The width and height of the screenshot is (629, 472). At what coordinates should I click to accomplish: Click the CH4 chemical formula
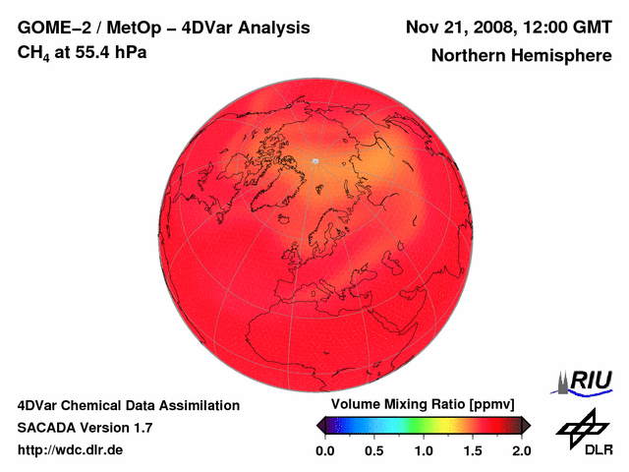pos(33,53)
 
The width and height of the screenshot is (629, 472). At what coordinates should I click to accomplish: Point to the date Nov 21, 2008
pos(457,27)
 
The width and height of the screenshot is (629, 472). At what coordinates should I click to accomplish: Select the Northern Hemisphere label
pos(521,56)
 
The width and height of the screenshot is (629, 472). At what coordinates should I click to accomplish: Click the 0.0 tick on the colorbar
pos(324,450)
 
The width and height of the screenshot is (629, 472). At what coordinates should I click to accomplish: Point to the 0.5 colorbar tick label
pos(373,450)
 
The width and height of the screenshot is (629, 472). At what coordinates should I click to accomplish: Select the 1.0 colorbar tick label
pos(424,450)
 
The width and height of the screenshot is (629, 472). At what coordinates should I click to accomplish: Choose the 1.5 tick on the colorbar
pos(473,450)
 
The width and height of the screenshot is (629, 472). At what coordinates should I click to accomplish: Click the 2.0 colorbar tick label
pos(521,450)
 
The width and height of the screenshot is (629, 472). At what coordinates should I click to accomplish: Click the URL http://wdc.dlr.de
pos(71,450)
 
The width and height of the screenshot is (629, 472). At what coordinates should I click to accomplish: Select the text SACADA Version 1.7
pos(85,428)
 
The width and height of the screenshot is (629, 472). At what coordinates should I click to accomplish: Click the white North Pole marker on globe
pos(315,161)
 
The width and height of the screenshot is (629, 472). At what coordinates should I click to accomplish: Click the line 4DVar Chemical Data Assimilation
pos(128,405)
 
